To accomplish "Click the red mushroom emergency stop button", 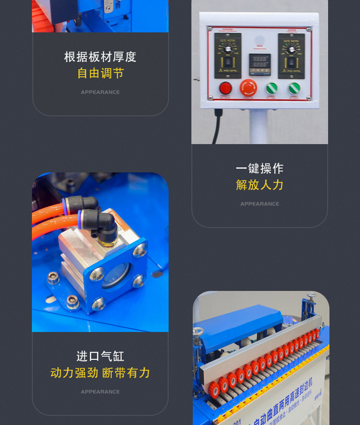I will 248,87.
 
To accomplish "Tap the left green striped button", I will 272,88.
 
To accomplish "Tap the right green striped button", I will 294,88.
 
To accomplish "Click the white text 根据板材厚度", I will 100,57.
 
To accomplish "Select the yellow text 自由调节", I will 100,73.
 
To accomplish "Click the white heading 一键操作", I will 260,168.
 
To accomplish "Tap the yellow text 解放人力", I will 260,185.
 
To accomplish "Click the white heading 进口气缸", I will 100,356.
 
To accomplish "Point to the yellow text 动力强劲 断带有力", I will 100,373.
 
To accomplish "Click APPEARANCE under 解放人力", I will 260,204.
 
